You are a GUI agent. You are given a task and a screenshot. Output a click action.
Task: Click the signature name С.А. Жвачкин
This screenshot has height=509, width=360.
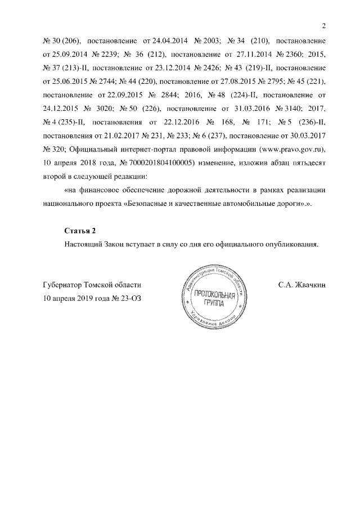[x=301, y=285]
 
